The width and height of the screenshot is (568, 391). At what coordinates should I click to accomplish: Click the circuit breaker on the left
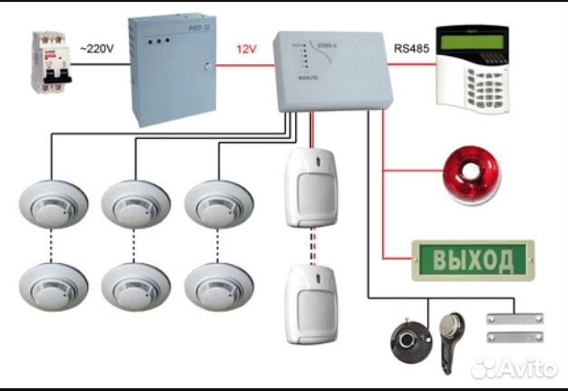(43, 61)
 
